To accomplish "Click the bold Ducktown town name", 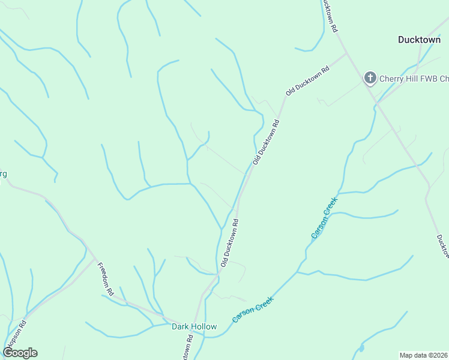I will [419, 40].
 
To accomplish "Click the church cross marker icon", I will [370, 77].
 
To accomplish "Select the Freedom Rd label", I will [106, 280].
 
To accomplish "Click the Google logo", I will [20, 353].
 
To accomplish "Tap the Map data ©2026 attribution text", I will [424, 355].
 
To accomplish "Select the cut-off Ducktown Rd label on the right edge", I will [443, 246].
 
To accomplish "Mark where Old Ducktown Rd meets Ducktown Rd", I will [347, 53].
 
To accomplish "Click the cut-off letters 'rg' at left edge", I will [3, 174].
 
